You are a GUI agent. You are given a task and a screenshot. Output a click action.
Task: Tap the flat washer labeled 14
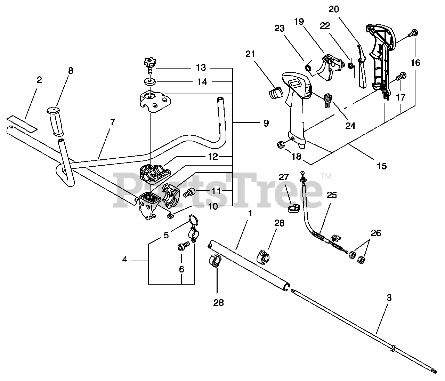pos(150,82)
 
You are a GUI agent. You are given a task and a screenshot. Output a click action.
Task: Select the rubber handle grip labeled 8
pos(55,121)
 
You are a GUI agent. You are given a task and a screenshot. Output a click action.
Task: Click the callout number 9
pos(266,123)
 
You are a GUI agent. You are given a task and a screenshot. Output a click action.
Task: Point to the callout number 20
pos(334,9)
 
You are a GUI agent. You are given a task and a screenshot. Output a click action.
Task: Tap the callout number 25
pos(332,195)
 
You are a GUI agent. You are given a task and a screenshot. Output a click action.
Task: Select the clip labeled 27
pos(293,208)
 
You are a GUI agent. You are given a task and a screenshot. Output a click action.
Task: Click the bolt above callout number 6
pos(184,246)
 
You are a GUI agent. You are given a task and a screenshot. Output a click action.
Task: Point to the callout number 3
pos(389,297)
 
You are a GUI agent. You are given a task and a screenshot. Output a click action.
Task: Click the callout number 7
pos(113,122)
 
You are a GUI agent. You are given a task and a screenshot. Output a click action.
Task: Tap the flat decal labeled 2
pos(22,124)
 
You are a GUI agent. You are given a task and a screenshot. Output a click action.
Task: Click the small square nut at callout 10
pos(170,215)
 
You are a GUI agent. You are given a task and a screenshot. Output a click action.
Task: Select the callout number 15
pos(381,166)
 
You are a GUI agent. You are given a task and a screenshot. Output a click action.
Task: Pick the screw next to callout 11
pos(189,192)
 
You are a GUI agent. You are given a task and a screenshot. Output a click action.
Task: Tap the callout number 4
pos(125,260)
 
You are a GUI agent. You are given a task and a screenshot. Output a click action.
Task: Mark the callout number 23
pos(280,28)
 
